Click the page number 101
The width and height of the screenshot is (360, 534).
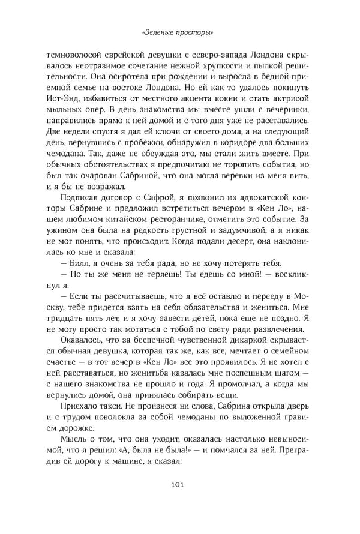point(180,484)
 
